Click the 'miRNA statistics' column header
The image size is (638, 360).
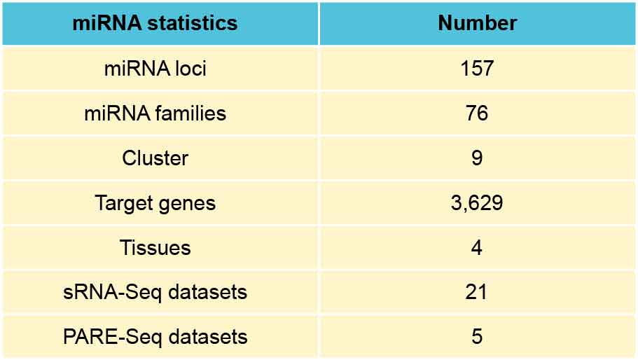[x=155, y=23]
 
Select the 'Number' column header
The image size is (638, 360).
[x=477, y=23]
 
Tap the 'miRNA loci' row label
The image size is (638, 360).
[x=155, y=69]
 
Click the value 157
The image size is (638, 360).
[x=477, y=69]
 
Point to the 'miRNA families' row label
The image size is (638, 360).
[x=155, y=113]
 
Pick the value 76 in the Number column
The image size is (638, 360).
[x=477, y=113]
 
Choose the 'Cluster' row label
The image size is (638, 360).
[x=155, y=158]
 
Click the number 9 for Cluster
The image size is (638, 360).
[x=477, y=158]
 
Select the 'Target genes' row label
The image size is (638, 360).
[x=155, y=203]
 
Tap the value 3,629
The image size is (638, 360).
[x=477, y=203]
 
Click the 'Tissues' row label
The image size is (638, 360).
[x=155, y=248]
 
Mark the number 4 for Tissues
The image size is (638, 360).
[x=477, y=248]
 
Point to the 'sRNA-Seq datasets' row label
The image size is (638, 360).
[x=155, y=292]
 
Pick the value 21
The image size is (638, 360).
[x=477, y=292]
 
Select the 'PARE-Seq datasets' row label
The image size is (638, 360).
[x=155, y=337]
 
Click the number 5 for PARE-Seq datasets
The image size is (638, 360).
[x=477, y=337]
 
